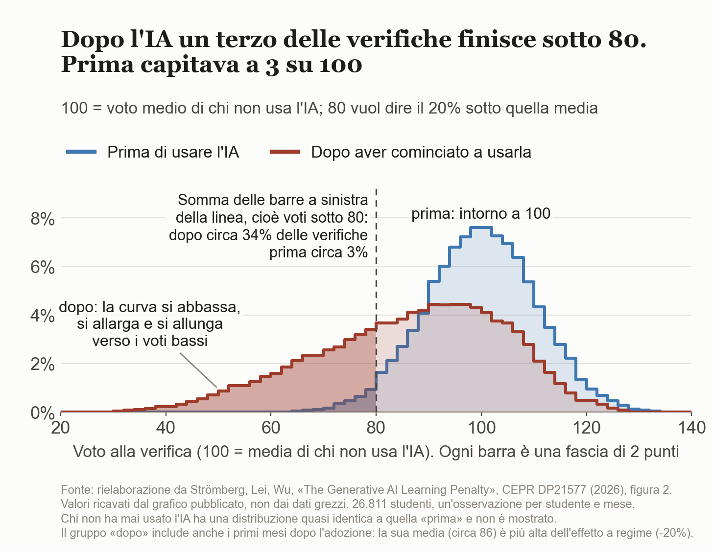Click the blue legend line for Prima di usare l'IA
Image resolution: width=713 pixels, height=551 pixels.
coord(81,152)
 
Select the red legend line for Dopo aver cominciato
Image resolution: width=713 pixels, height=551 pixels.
coord(285,152)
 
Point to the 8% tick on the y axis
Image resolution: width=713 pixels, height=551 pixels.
coord(42,219)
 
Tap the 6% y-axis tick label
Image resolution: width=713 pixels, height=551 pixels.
coord(42,268)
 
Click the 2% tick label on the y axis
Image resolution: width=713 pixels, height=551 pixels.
coord(42,365)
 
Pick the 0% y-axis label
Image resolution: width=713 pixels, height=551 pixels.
coord(42,413)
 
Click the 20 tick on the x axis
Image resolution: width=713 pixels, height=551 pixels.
coord(61,428)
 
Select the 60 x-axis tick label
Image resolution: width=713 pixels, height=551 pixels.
coord(271,428)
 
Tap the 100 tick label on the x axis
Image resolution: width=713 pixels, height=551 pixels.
coord(481,428)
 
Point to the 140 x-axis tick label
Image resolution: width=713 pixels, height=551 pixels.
coord(691,428)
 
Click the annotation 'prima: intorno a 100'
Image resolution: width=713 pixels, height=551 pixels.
coord(481,214)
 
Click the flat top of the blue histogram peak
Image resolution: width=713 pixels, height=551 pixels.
coord(481,227)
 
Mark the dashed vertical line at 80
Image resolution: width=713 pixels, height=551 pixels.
coord(376,300)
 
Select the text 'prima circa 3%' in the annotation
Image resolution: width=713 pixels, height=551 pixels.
coord(319,253)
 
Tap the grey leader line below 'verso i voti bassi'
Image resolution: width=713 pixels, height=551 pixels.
coord(198,370)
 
